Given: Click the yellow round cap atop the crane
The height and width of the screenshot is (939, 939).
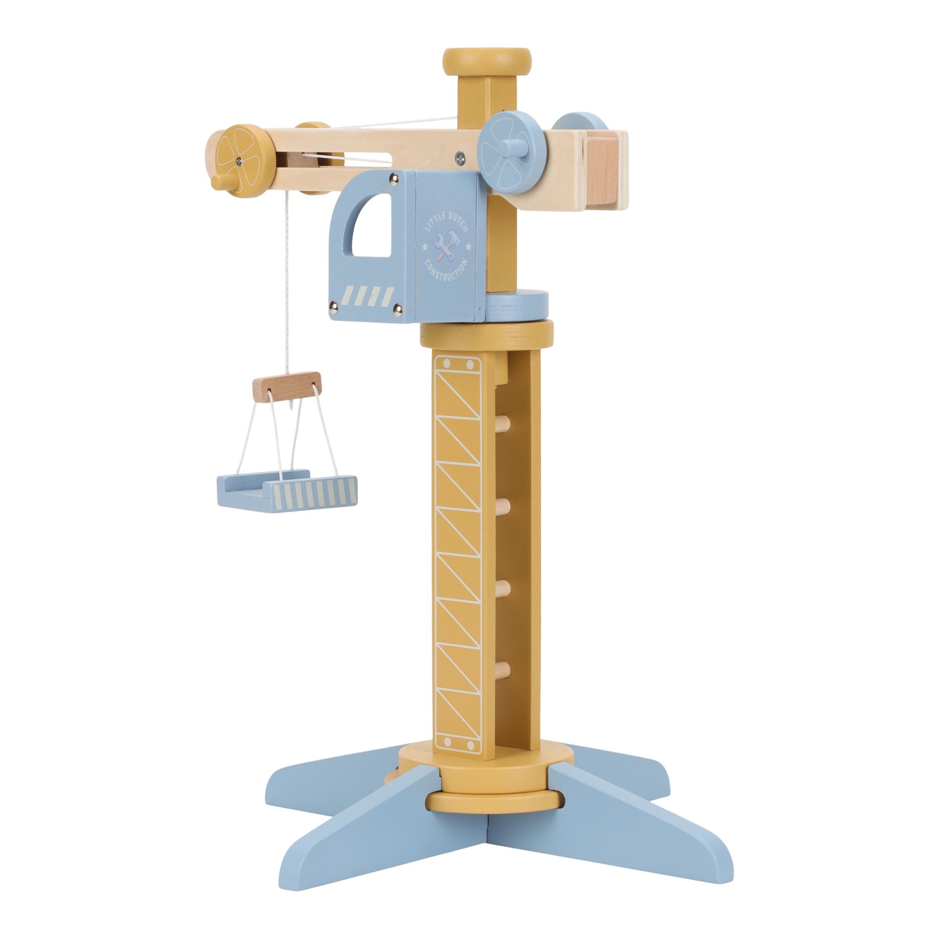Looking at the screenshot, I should click(486, 61).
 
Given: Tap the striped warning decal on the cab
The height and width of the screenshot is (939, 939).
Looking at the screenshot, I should click(368, 296).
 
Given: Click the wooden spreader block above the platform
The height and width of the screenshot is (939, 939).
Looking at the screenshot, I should click(287, 387).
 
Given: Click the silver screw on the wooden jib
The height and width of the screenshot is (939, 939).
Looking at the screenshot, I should click(460, 157).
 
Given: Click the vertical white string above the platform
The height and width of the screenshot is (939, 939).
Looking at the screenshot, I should click(287, 282).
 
